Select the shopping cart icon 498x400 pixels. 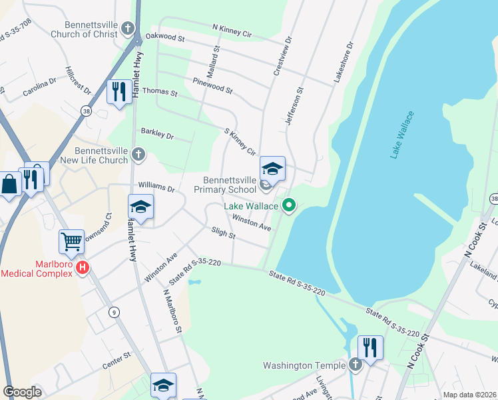pos(71,241)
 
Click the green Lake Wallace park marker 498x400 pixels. pos(289,205)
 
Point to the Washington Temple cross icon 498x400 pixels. pos(355,365)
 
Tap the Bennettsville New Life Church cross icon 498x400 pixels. pos(138,155)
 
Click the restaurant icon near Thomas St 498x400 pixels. pos(119,91)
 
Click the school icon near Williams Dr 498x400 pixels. pos(140,207)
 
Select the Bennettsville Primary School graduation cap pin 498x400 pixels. pos(272,169)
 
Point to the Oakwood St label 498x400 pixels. pos(164,39)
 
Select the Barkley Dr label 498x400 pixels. pos(156,135)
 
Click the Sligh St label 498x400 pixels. pos(224,235)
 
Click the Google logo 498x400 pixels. pos(22,392)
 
